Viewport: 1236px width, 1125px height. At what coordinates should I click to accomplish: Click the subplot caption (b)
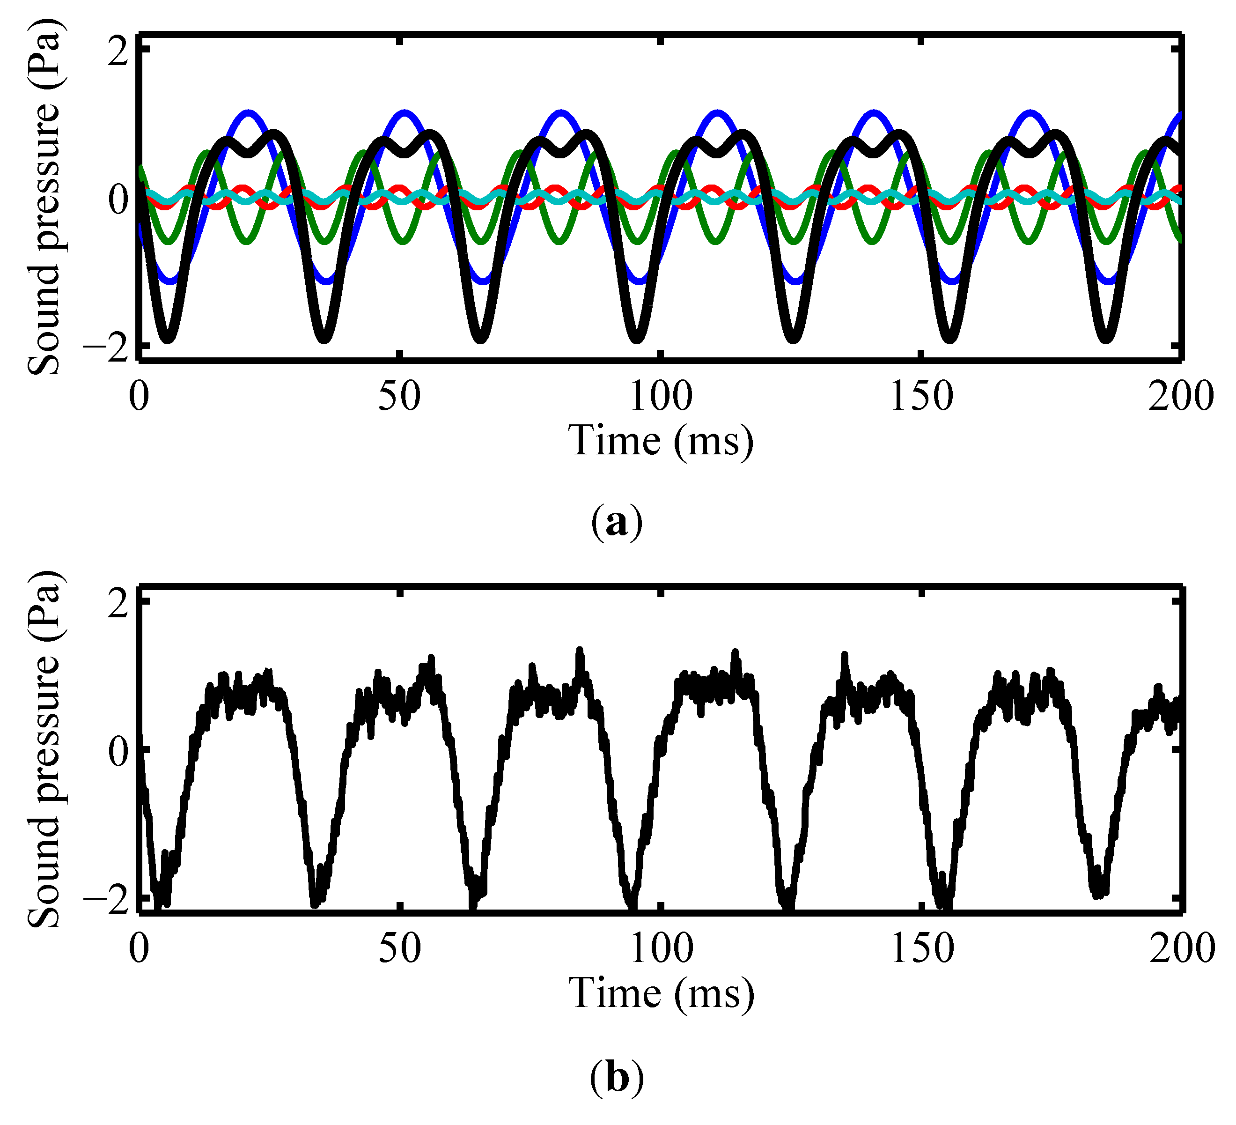coord(617,1078)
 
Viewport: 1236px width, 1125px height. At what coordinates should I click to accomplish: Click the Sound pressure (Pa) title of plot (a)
coord(44,196)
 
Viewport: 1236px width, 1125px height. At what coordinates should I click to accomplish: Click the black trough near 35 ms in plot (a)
coord(325,339)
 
